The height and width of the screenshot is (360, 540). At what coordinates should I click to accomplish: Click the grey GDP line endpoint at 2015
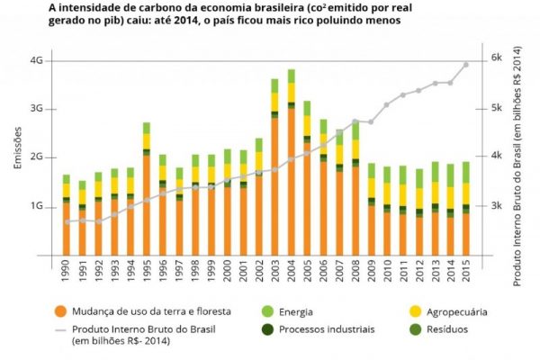[x=465, y=65]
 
